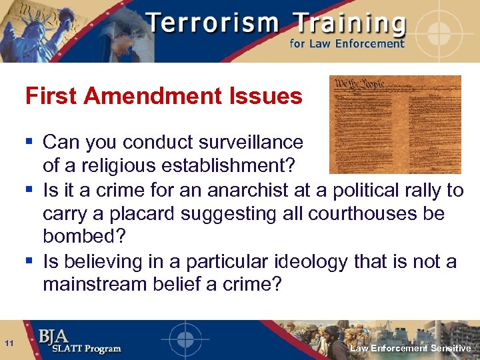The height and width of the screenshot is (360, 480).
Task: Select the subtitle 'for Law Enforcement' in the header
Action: pyautogui.click(x=347, y=44)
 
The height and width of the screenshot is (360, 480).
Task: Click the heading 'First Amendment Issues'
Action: pyautogui.click(x=163, y=97)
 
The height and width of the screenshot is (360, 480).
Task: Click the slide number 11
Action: pyautogui.click(x=9, y=343)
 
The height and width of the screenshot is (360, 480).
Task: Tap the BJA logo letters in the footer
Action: pyautogui.click(x=53, y=335)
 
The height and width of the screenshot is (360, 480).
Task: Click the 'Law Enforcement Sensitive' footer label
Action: pyautogui.click(x=410, y=349)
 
